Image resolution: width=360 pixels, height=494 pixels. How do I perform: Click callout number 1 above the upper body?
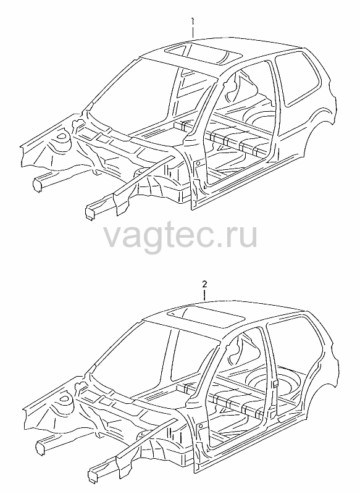coord(193,22)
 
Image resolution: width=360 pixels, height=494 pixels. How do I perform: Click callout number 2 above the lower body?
coord(205,285)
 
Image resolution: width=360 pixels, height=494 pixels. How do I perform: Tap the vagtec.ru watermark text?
coord(180,237)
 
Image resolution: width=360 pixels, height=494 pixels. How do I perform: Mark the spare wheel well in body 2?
coord(270,380)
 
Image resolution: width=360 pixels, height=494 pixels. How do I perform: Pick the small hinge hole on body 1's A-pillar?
coord(198,163)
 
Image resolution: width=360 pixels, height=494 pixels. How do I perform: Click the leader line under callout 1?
coord(193,32)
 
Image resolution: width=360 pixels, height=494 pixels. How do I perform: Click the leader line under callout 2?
coord(205,295)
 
